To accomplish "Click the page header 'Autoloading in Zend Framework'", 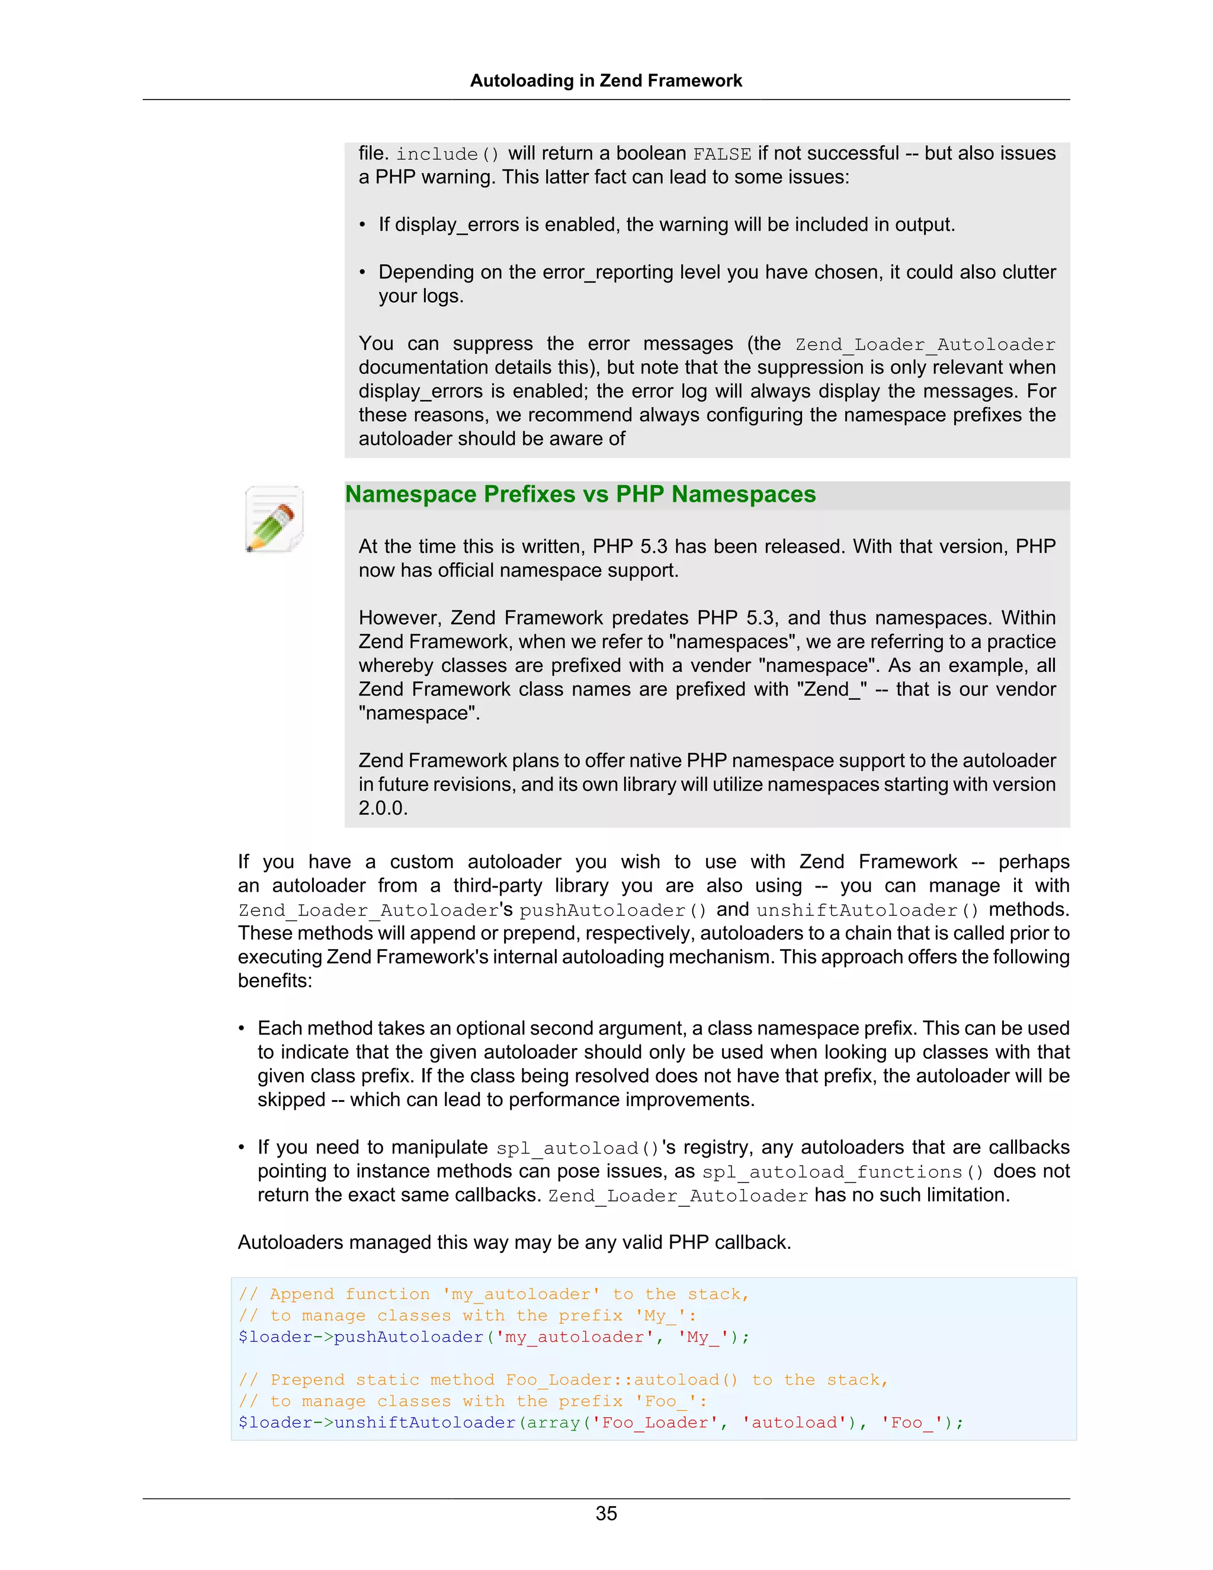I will [x=606, y=81].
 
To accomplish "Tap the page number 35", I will [x=606, y=1513].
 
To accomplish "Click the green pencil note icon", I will [x=274, y=519].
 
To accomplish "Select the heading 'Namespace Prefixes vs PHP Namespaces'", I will [x=580, y=495].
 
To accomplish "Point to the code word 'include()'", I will [x=447, y=155].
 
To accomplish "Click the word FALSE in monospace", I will [x=721, y=155].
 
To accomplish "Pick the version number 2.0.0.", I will [x=383, y=808].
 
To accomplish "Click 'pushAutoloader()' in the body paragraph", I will [x=613, y=911].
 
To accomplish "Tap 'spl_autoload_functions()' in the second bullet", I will [x=842, y=1172].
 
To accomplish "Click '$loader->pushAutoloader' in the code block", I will [x=361, y=1337].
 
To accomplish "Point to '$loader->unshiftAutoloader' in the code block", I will [x=377, y=1422].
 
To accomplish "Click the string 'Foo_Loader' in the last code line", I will [x=654, y=1422].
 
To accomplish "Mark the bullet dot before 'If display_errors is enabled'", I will [x=363, y=226].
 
